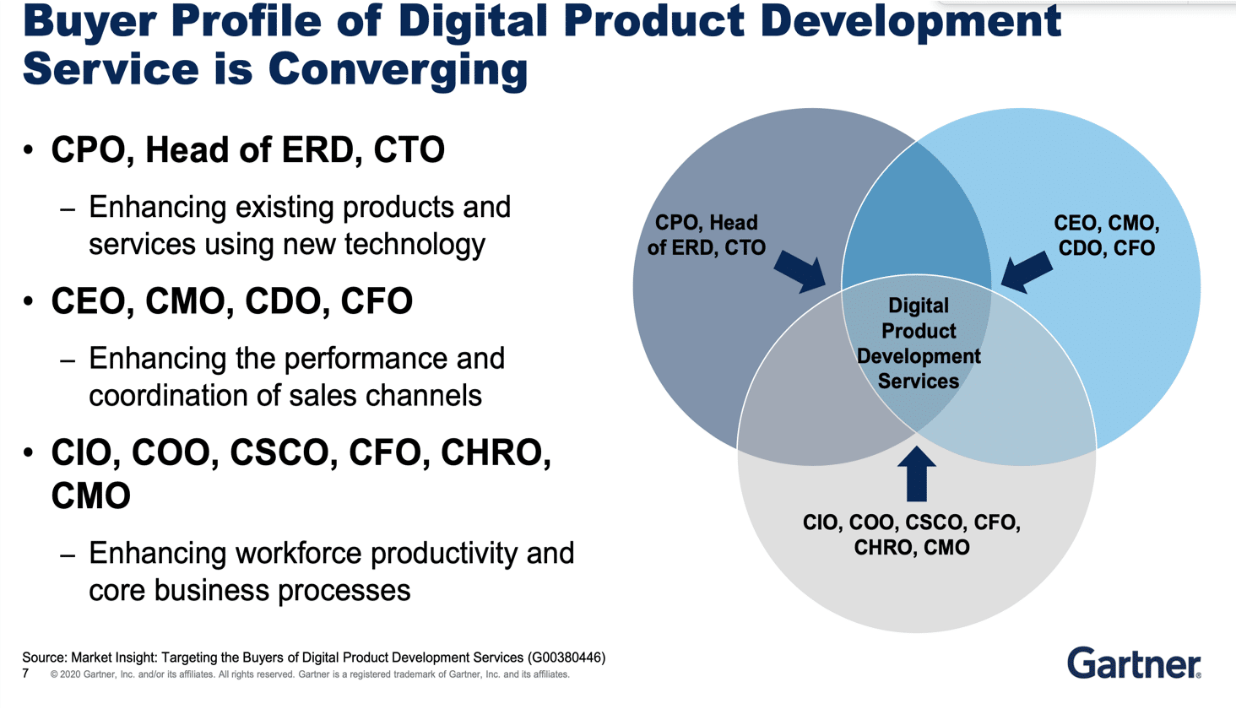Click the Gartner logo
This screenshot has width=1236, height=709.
[1133, 663]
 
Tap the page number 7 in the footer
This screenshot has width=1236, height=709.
[26, 674]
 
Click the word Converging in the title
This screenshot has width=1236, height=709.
[398, 69]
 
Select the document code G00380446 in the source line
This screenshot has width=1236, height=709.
[566, 658]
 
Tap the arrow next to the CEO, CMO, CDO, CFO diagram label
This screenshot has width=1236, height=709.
[1026, 272]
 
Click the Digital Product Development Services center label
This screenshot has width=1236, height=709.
[919, 344]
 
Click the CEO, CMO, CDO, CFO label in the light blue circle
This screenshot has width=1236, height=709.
[1106, 235]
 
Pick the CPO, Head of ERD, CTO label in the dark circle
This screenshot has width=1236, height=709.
[707, 235]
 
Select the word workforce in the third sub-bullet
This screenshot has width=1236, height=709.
[299, 554]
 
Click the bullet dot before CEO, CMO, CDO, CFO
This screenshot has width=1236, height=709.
[29, 301]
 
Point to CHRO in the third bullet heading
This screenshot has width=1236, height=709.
[496, 453]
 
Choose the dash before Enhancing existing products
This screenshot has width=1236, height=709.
[68, 208]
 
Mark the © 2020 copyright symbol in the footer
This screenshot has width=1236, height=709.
[54, 674]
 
